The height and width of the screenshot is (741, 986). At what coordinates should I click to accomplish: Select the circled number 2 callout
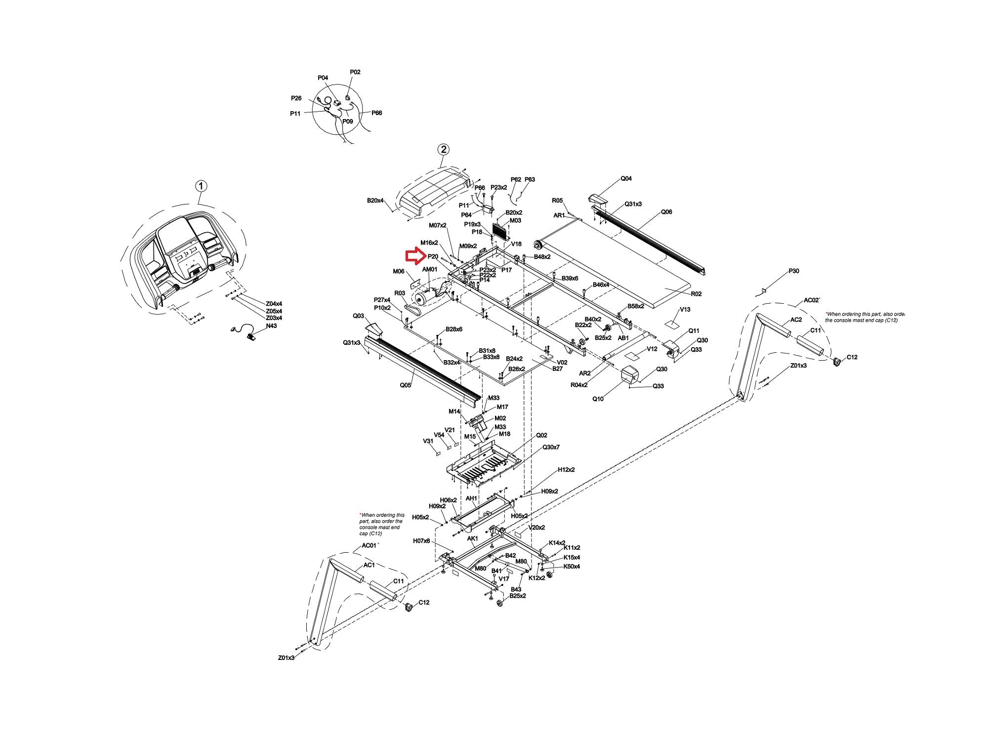pos(443,149)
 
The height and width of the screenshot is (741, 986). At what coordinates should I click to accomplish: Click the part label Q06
pos(666,212)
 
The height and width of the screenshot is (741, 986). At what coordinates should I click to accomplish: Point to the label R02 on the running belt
pos(696,294)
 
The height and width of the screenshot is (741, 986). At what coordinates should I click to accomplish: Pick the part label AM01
pos(429,269)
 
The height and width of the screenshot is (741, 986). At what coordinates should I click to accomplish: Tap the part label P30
pos(793,271)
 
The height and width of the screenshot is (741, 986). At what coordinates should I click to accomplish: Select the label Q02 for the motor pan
pos(541,435)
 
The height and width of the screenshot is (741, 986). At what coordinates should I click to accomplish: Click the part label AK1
pos(472,538)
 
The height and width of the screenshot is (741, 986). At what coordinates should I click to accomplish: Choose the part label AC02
pos(811,300)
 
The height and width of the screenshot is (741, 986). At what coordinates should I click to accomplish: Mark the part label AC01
pos(369,545)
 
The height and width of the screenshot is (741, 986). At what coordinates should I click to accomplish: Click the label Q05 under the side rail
pos(405,385)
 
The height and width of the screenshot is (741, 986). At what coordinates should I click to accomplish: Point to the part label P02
pos(355,72)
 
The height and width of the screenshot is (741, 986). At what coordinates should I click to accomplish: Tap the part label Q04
pos(626,179)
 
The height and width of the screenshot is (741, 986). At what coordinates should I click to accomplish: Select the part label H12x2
pos(566,470)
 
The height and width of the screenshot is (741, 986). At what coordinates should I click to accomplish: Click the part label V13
pos(685,309)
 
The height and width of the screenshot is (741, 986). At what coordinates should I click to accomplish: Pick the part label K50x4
pos(572,566)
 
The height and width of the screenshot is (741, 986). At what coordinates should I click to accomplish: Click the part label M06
pos(399,271)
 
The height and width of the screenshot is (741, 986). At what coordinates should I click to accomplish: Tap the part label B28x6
pos(453,329)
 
